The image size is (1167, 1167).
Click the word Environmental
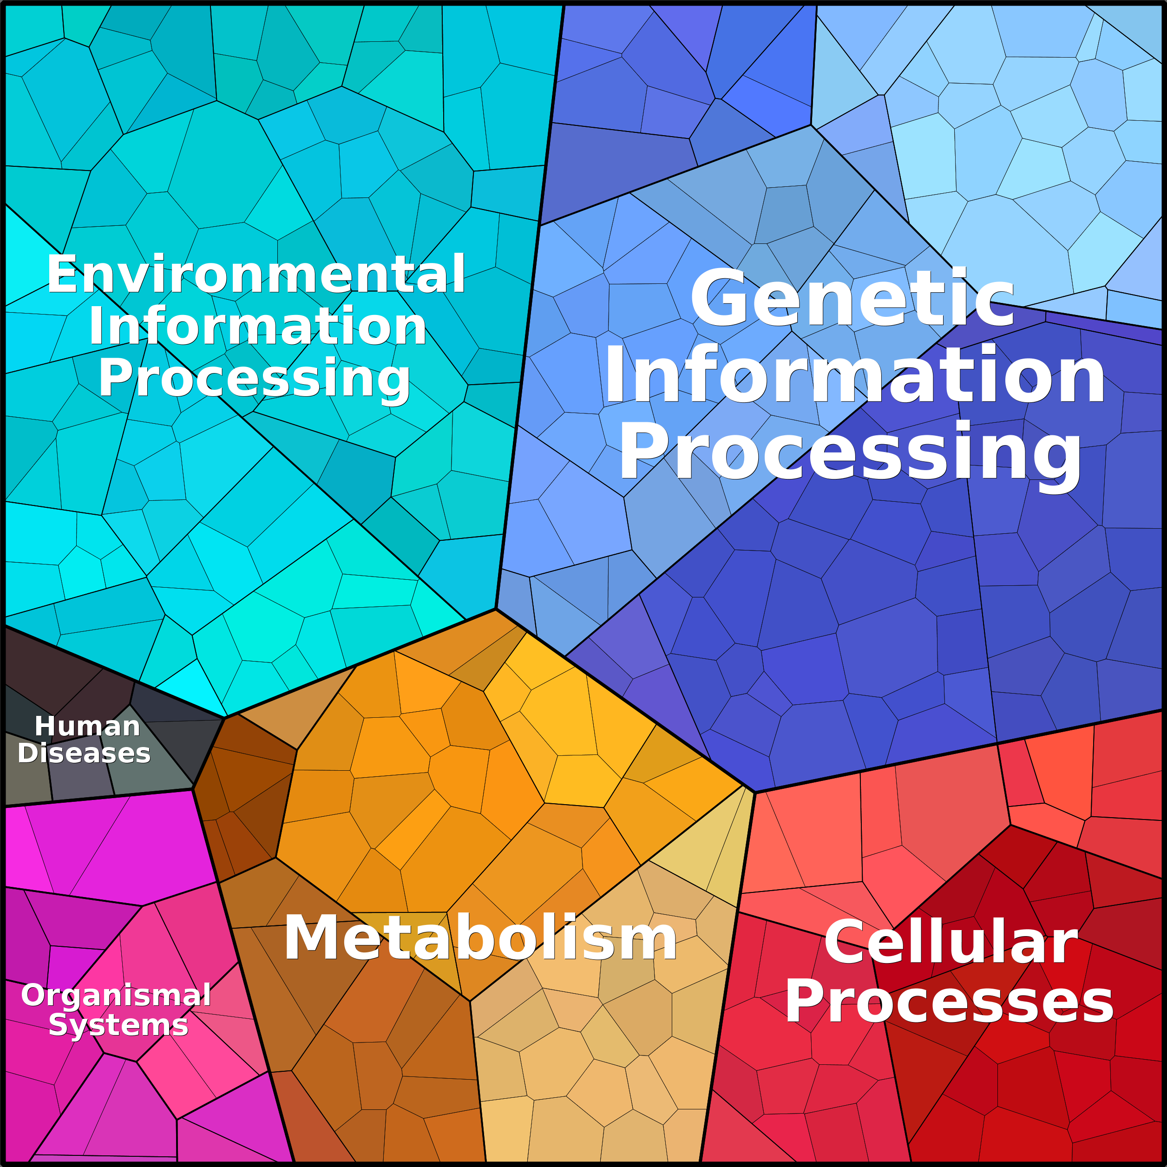256,275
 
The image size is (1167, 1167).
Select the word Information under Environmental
258,327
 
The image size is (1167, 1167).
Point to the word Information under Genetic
854,376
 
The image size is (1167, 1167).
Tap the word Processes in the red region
949,1002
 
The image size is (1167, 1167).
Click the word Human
88,726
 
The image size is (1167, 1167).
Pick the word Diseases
84,753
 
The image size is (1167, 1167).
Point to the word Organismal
116,995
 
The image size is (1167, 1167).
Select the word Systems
118,1025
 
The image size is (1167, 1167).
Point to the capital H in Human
44,726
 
